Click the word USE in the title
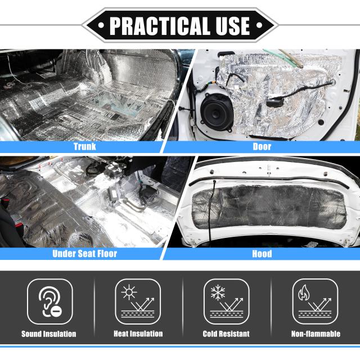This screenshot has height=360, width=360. [x=228, y=25]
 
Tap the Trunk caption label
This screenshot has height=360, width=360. [x=84, y=147]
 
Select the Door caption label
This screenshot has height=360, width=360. [x=262, y=147]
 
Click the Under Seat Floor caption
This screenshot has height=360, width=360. [x=84, y=254]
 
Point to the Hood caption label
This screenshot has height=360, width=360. [x=262, y=254]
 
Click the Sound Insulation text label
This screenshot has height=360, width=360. [x=49, y=334]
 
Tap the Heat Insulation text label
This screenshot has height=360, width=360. [x=138, y=334]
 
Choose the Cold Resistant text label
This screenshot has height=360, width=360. [x=226, y=334]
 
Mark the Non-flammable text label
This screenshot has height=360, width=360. [x=316, y=334]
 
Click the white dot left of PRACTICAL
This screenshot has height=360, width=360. [x=101, y=26]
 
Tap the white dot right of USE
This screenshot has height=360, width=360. [x=259, y=26]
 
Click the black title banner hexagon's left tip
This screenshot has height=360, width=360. [x=83, y=25]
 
